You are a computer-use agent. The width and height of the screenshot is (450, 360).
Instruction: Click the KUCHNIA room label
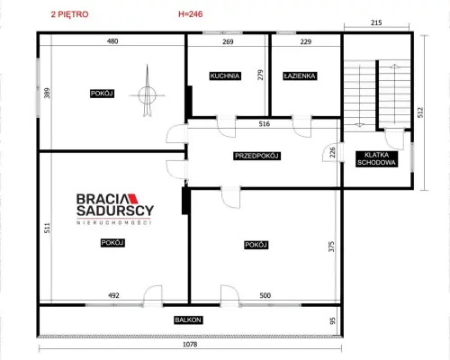pos(225,76)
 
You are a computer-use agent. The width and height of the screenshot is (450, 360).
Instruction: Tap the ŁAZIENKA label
pos(300,76)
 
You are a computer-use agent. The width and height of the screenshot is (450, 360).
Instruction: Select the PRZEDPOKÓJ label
pos(257,156)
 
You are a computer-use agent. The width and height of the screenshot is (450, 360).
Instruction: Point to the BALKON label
pos(188,320)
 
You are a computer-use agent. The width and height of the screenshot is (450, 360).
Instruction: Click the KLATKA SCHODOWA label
pos(376,159)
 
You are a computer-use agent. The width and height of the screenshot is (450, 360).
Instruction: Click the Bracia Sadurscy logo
pos(115,209)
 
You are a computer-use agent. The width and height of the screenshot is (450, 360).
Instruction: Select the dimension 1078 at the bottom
pos(190,344)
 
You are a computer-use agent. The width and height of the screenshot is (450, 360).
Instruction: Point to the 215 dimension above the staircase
pos(376,22)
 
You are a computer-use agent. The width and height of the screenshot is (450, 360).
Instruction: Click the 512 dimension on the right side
pos(420,112)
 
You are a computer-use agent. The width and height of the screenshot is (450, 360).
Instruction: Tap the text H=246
pos(191,14)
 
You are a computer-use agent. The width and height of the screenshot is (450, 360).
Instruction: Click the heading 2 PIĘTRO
pos(69,14)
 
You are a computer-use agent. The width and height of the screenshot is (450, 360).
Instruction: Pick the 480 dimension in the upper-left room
pos(112,41)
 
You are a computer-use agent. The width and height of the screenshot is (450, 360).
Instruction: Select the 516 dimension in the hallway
pos(265,123)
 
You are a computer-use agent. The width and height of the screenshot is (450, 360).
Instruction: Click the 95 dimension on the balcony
pos(332,321)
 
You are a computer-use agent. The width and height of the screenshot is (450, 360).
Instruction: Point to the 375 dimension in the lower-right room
pos(331,247)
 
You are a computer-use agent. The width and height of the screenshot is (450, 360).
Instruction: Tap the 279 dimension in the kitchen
pos(260,75)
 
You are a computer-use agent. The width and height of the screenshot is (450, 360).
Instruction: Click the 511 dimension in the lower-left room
pos(47,228)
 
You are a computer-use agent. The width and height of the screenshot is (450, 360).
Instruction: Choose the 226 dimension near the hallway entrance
pos(332,152)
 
